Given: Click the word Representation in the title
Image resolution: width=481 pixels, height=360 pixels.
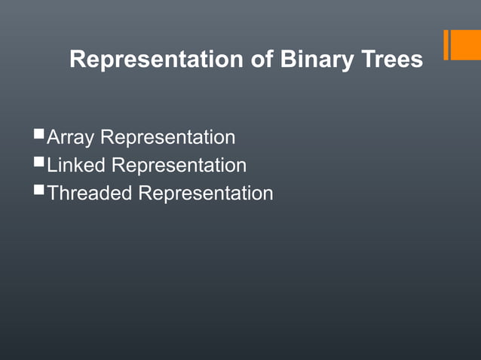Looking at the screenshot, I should tap(157, 59).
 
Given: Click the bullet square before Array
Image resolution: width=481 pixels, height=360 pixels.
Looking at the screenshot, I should tap(39, 136).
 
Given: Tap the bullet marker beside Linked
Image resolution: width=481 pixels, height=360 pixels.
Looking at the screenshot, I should tap(39, 163).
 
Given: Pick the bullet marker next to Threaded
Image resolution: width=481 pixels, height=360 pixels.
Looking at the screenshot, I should tap(39, 191).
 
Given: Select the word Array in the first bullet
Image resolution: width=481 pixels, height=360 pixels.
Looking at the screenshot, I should tap(72, 138).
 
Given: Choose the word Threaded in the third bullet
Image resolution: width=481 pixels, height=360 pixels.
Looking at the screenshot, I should tap(90, 193).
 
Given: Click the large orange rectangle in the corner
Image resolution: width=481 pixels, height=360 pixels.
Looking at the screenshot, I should tap(466, 44).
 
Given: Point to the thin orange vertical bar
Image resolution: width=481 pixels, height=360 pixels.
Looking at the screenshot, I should tap(446, 44).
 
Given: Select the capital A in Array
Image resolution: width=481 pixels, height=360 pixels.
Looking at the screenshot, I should tap(54, 138).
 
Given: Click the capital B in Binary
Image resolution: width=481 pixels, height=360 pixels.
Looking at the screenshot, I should tap(288, 59).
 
